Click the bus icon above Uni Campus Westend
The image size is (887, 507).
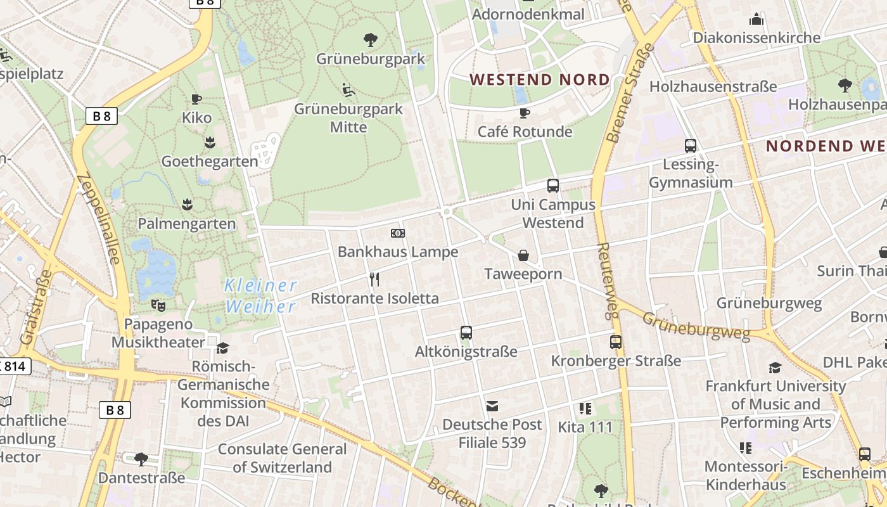(x=553, y=186)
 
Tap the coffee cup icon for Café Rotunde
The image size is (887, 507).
(x=524, y=113)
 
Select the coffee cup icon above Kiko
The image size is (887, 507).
(x=196, y=99)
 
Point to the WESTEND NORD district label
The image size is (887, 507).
(x=540, y=80)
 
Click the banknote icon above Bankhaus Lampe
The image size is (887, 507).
(x=397, y=233)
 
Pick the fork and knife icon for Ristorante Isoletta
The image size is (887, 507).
(x=374, y=279)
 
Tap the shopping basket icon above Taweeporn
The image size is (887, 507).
(x=523, y=255)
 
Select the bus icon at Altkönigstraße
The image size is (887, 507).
(x=466, y=333)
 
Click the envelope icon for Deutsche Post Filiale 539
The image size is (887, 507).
(x=492, y=406)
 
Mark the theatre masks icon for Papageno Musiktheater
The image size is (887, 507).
(x=158, y=305)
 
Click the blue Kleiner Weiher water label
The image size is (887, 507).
(x=260, y=296)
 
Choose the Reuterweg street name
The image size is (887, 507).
(x=607, y=279)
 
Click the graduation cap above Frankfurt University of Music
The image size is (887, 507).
(x=775, y=368)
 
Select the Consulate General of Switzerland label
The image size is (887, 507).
(x=283, y=458)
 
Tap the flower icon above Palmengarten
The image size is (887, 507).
(x=187, y=204)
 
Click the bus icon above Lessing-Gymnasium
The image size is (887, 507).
(x=691, y=146)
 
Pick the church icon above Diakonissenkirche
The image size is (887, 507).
(x=756, y=19)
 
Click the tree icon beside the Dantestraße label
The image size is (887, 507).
(x=141, y=458)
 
